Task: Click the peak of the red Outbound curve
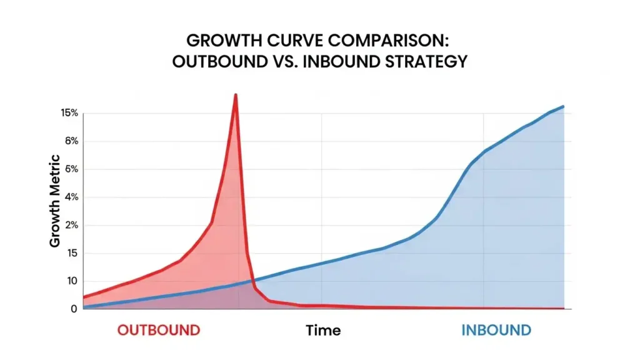pos(236,95)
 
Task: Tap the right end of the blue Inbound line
pos(563,106)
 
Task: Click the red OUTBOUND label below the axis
pos(159,330)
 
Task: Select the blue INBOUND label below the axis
pos(496,330)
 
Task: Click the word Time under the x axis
pos(323,330)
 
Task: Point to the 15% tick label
pos(69,113)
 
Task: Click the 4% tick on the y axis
pos(71,197)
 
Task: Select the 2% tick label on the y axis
pos(71,226)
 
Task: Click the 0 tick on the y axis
pos(74,309)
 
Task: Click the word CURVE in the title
pos(289,41)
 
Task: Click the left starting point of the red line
pos(84,297)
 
